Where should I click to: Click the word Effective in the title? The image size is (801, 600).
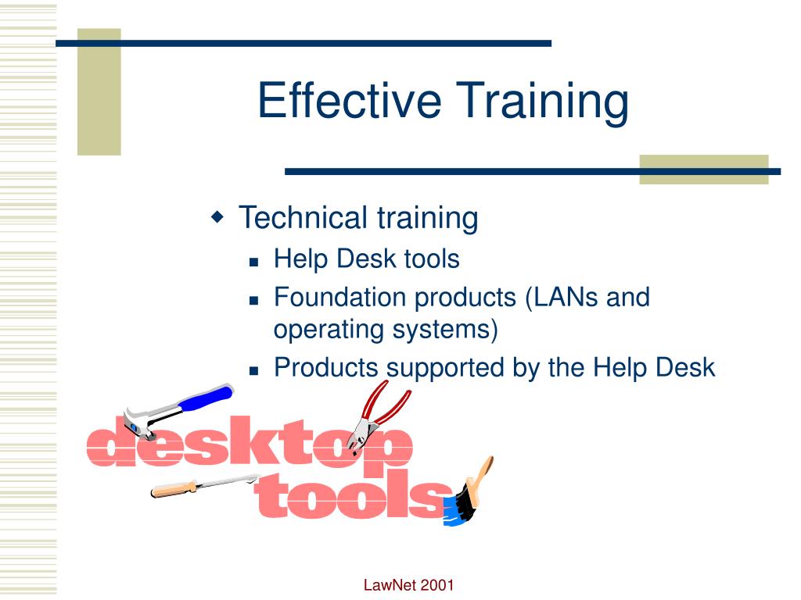350,102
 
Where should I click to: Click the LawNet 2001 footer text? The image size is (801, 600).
409,585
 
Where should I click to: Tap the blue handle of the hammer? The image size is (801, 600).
205,398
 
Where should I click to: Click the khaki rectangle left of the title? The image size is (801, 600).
99,91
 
